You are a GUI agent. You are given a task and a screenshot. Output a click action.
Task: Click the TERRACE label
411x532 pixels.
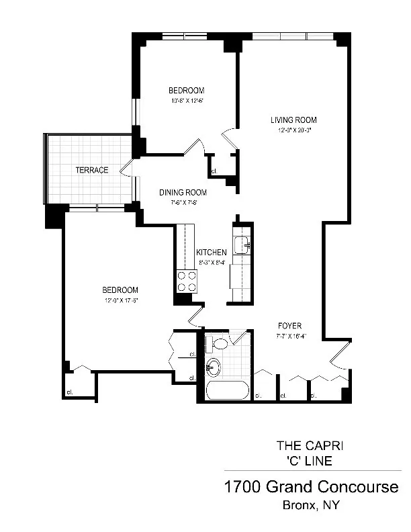[x=91, y=170]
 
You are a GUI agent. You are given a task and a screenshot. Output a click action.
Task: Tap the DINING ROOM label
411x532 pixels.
[x=183, y=192]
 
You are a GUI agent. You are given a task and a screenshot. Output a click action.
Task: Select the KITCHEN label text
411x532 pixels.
[x=212, y=252]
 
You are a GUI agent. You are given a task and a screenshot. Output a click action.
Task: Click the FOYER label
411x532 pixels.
[x=289, y=326]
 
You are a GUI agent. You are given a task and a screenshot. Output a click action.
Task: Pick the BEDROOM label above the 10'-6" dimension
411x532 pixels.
[x=186, y=91]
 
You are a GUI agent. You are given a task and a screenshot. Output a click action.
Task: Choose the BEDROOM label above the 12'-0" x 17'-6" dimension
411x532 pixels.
[x=120, y=290]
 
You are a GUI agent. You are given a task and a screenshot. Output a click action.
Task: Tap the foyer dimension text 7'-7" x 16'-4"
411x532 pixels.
[x=290, y=336]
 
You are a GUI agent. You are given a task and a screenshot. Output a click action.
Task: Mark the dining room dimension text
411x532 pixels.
[x=183, y=202]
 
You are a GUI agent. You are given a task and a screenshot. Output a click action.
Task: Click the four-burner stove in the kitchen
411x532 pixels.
[x=186, y=281]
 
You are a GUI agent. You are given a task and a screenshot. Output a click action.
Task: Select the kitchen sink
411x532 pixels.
[x=241, y=245]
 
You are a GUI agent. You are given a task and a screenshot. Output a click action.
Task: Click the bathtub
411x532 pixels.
[x=228, y=390]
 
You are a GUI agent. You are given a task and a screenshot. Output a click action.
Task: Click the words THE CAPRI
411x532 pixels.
[x=310, y=445]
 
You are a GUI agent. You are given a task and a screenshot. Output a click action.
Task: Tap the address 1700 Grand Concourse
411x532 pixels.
[x=311, y=486]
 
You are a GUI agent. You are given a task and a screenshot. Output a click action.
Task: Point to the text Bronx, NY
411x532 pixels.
[x=310, y=504]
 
